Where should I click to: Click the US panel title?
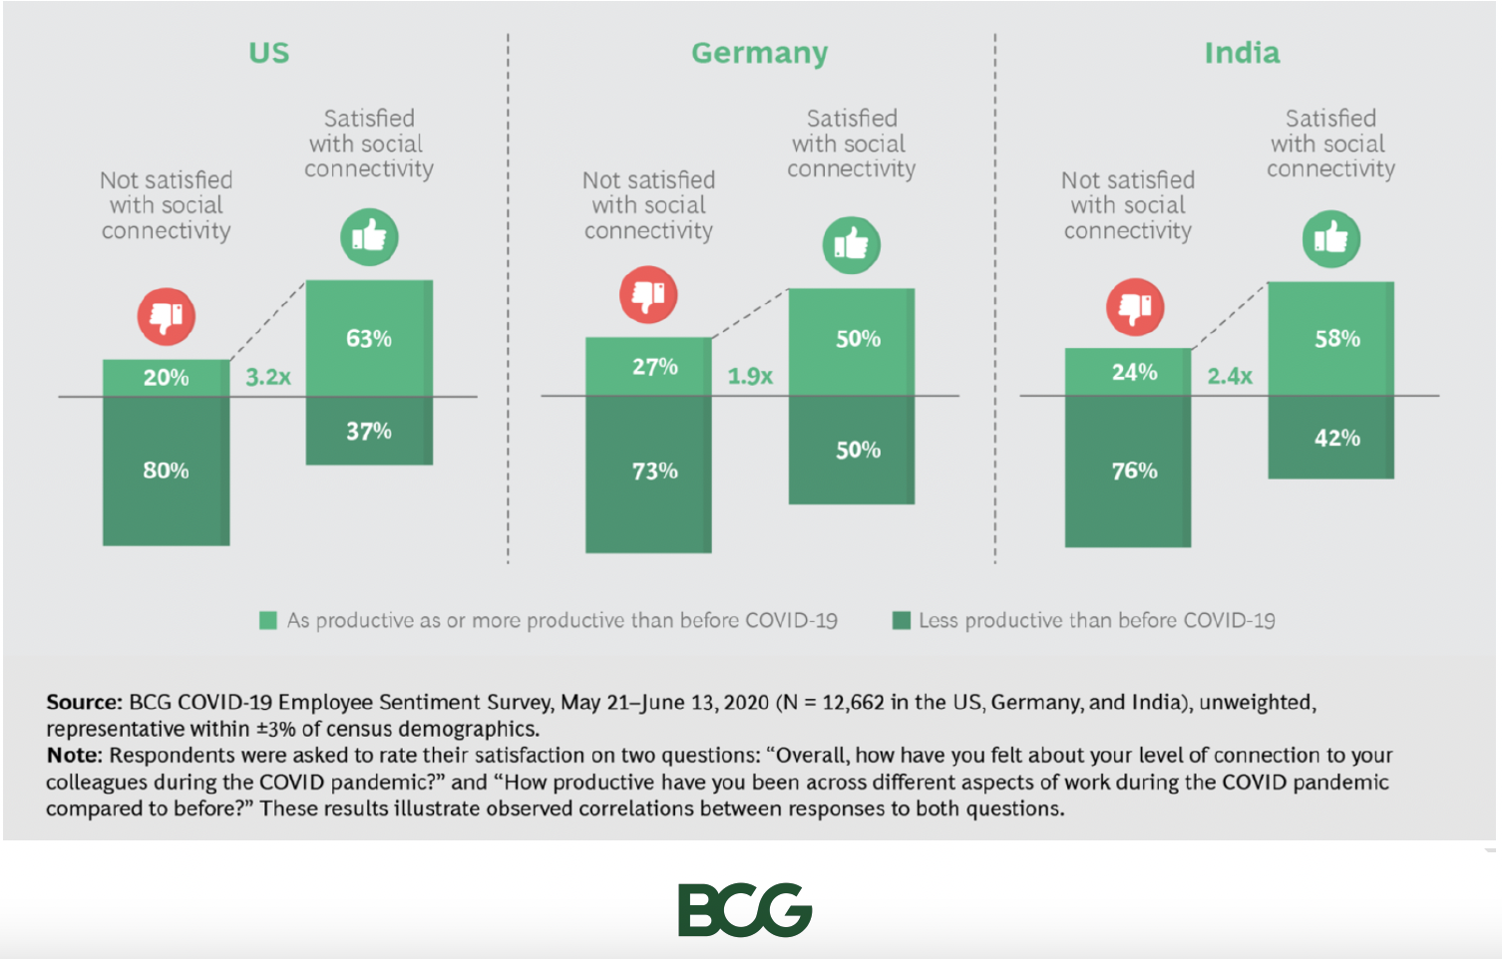[x=268, y=53]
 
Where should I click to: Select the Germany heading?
[x=759, y=53]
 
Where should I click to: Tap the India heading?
[x=1242, y=53]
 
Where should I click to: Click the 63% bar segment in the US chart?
[x=369, y=338]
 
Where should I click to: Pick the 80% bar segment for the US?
[x=166, y=471]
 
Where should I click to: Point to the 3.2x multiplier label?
[x=268, y=377]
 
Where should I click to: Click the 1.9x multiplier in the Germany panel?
[x=750, y=376]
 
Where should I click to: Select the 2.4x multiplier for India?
[x=1230, y=376]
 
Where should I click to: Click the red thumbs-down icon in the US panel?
[x=167, y=317]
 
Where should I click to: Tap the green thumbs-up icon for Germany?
[x=851, y=244]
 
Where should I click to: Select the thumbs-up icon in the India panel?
[x=1330, y=239]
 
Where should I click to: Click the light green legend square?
[x=267, y=621]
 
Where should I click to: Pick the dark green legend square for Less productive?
[x=902, y=621]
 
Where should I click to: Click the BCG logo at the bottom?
[x=745, y=909]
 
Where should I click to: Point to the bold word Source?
[x=84, y=702]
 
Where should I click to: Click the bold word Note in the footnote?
[x=74, y=755]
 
